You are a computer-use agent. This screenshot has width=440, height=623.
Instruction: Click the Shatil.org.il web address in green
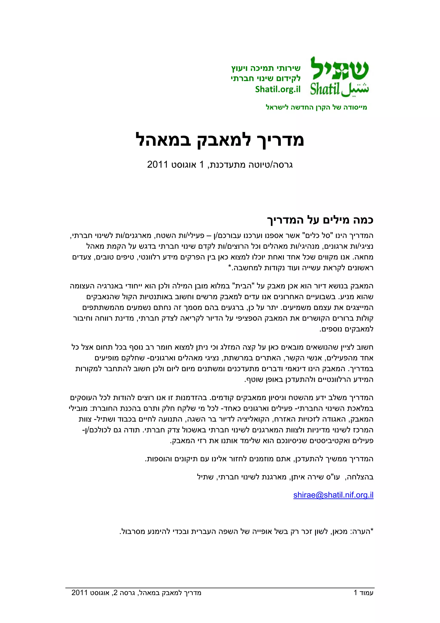pos(278,89)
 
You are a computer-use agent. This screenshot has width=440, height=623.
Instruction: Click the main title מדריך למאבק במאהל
pos(220,140)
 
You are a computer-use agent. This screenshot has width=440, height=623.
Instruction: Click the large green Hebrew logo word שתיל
pos(339,69)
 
